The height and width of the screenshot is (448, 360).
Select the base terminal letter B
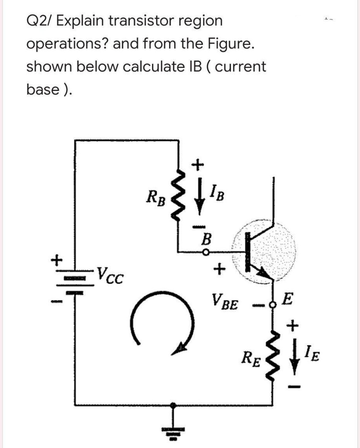click(x=205, y=239)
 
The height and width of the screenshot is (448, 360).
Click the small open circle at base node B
click(x=205, y=252)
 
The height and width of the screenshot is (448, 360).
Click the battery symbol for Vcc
click(x=75, y=280)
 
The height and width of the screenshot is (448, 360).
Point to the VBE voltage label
click(x=225, y=301)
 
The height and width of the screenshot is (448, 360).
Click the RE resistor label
click(x=254, y=361)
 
